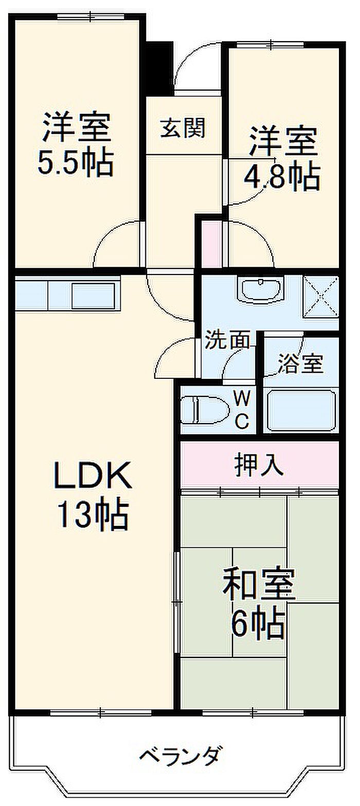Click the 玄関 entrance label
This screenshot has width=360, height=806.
pos(183,127)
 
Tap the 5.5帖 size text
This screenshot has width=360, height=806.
pos(76,163)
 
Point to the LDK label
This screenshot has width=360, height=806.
pos(93,475)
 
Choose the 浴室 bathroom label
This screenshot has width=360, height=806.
pos(300,364)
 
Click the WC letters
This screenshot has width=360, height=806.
pos(242,410)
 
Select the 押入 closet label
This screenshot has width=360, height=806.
pos(259,466)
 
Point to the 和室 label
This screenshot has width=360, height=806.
pos(259,584)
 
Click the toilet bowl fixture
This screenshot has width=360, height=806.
pos(205,410)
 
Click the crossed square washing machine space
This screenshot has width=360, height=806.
pos(321,297)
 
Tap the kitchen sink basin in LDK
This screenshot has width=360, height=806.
pos(94,296)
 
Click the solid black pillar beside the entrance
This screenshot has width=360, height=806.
pos(160,69)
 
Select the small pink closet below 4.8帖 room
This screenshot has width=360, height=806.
pos(211,244)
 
